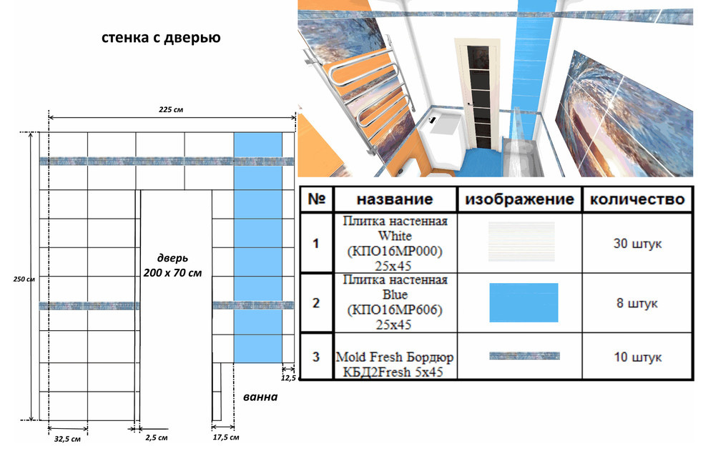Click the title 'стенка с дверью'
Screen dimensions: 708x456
pyautogui.click(x=161, y=37)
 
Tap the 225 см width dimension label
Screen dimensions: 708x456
pyautogui.click(x=171, y=109)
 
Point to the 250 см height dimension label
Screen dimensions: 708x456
pyautogui.click(x=24, y=279)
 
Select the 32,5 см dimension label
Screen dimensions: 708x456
pyautogui.click(x=67, y=438)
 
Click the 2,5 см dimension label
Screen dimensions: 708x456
pyautogui.click(x=156, y=437)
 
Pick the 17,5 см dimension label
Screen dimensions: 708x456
pyautogui.click(x=226, y=437)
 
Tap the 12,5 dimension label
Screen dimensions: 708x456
pyautogui.click(x=288, y=377)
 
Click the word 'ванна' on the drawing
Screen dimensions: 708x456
pyautogui.click(x=260, y=397)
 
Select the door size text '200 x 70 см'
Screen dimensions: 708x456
pyautogui.click(x=172, y=273)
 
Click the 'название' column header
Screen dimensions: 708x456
pyautogui.click(x=395, y=199)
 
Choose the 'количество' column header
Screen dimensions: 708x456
pyautogui.click(x=637, y=199)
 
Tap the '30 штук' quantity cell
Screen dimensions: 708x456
pyautogui.click(x=637, y=243)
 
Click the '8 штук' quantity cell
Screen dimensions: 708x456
pyautogui.click(x=637, y=303)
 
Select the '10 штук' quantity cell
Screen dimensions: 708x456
pyautogui.click(x=637, y=357)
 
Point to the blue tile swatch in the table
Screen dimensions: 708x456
pyautogui.click(x=523, y=302)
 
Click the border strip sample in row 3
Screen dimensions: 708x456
pyautogui.click(x=524, y=356)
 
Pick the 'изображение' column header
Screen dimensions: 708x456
pyautogui.click(x=519, y=199)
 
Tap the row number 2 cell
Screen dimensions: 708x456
pyautogui.click(x=316, y=303)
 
